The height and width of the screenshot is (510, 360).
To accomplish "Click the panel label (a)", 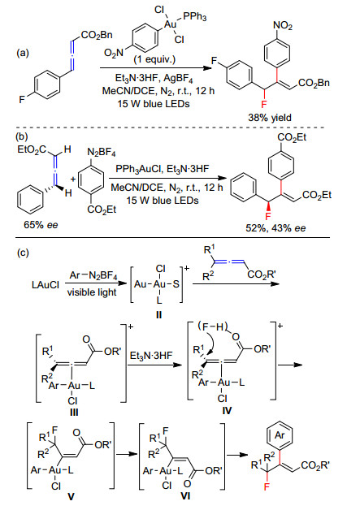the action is click(23, 53).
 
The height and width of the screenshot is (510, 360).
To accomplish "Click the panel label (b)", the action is click(22, 136).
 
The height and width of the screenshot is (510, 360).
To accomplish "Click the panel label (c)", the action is click(23, 253).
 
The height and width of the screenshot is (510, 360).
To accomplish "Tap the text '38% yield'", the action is click(270, 118).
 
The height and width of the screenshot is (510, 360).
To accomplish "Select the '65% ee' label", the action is click(41, 224).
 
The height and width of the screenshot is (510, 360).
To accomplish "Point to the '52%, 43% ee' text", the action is click(275, 228).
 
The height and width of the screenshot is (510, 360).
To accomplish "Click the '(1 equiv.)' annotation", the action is click(154, 59).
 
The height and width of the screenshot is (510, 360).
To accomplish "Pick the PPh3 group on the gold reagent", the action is click(195, 16).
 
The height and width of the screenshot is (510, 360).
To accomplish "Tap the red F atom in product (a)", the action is click(264, 104).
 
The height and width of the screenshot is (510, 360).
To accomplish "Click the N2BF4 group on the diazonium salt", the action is click(102, 152).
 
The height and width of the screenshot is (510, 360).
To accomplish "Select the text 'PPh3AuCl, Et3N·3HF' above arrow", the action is click(162, 169).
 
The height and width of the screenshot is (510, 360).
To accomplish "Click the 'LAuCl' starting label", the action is click(46, 285).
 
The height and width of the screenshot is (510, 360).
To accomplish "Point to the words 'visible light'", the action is click(92, 292).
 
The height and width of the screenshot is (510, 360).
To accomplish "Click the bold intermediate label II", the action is click(158, 315).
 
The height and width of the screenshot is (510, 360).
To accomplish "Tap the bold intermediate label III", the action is click(74, 413).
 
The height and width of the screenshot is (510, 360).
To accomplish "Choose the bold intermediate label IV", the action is click(227, 411).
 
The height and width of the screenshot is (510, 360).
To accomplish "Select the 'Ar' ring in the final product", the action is click(280, 434).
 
